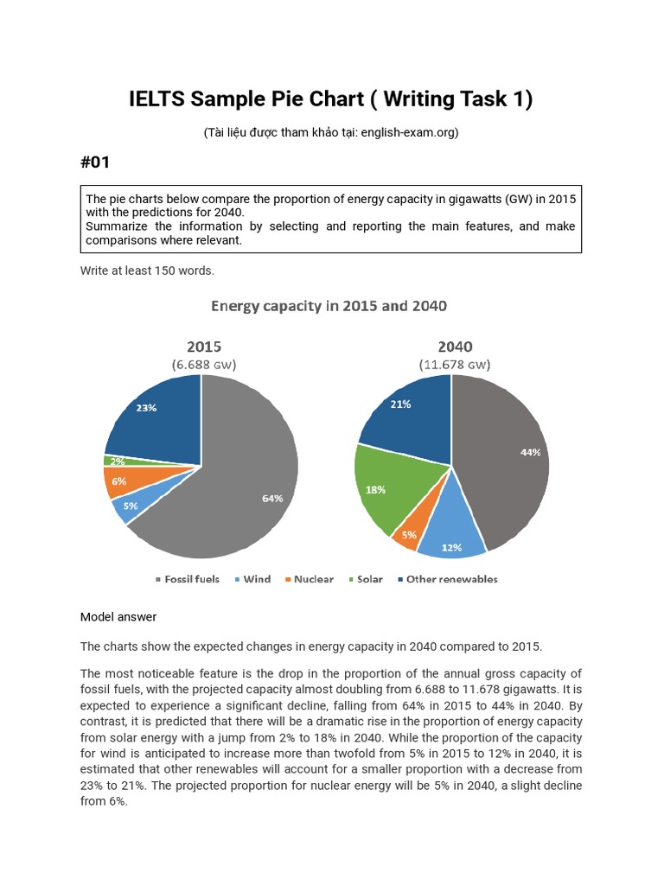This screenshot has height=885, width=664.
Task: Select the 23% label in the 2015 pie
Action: point(145,408)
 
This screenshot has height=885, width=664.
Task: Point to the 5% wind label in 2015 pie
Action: point(131,506)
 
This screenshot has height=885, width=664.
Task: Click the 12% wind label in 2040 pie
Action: point(451,547)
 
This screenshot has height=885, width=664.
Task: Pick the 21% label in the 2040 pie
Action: point(400,404)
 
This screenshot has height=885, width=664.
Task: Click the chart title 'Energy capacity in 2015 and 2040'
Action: point(329,306)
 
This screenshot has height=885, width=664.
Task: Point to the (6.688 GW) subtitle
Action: point(203,365)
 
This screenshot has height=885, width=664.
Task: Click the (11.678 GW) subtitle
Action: point(455,365)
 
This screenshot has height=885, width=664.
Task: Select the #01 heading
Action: point(95,162)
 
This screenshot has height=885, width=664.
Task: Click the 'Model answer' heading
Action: point(118,617)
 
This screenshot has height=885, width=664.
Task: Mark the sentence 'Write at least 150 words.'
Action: point(147,271)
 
